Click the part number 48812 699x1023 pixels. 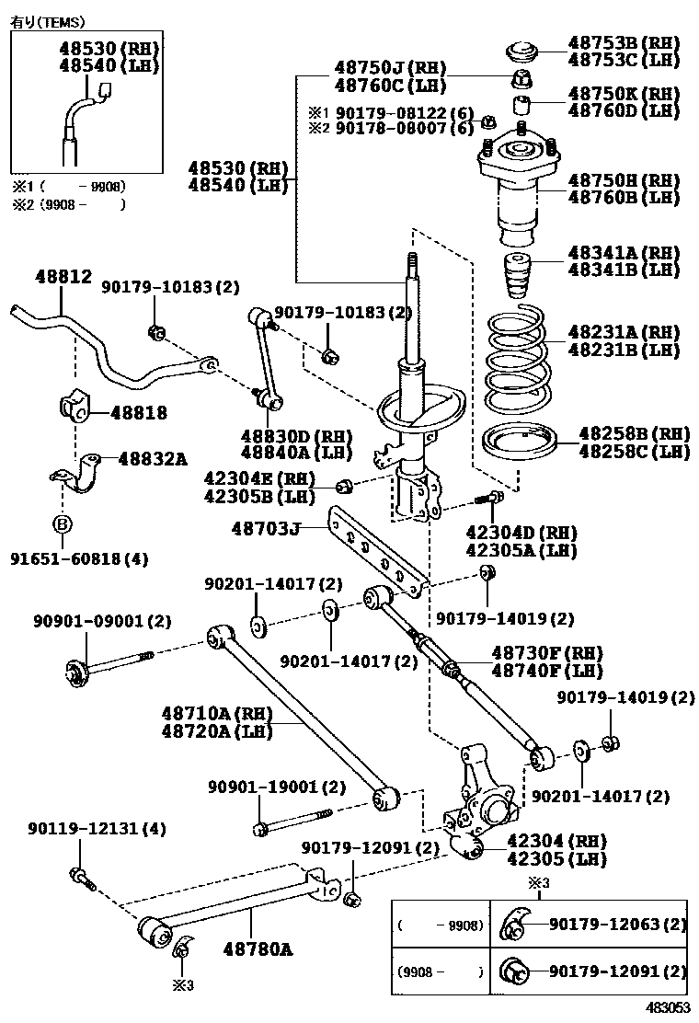point(63,276)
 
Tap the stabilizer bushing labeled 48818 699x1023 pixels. point(74,408)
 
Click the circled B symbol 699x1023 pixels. point(63,525)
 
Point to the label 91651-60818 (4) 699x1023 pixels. point(79,558)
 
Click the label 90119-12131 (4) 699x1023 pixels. point(89,829)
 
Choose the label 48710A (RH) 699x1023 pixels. point(208,714)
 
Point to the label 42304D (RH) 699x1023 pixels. point(521,534)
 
